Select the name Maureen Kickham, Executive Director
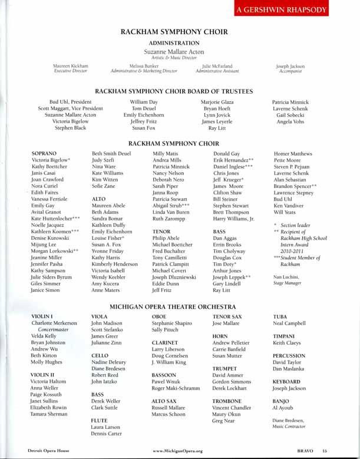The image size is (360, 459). click(71, 66)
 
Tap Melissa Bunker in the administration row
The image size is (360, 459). click(144, 66)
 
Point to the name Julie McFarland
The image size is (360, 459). click(217, 66)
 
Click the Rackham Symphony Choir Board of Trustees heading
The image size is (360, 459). click(174, 91)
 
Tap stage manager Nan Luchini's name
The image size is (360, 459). click(287, 276)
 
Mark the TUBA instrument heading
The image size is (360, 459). click(281, 316)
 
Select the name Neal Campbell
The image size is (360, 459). click(289, 323)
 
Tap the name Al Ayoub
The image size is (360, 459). click(283, 407)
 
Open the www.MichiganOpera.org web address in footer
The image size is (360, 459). click(177, 451)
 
